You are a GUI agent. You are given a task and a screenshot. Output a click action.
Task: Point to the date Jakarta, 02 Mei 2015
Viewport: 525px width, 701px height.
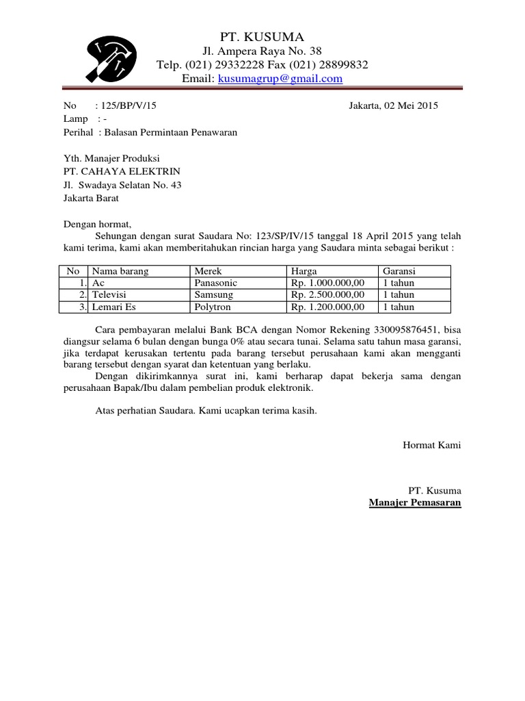[x=393, y=105]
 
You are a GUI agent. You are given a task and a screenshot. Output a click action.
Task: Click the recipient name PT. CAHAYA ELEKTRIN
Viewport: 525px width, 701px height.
[x=122, y=171]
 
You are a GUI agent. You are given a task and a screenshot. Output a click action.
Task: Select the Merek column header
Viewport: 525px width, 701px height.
[x=208, y=272]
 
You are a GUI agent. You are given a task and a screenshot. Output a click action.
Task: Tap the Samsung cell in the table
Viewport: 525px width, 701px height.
[x=213, y=295]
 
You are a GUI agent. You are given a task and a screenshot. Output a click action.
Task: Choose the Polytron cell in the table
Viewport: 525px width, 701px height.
[x=213, y=307]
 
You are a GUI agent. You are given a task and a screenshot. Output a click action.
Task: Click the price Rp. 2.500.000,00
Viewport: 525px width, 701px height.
[x=328, y=295]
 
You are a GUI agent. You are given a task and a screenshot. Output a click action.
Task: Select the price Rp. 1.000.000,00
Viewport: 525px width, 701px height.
[x=328, y=283]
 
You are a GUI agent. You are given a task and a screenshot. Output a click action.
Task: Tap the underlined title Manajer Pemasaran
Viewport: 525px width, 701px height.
[x=415, y=503]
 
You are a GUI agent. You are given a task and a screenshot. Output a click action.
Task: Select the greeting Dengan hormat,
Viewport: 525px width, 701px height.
[x=96, y=224]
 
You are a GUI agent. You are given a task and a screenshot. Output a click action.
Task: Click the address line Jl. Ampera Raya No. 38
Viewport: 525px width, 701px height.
[x=262, y=52]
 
